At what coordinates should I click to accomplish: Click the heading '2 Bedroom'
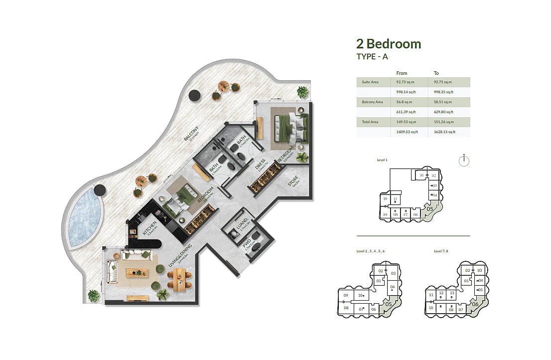pos(389,44)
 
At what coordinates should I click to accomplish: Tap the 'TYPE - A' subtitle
pos(372,57)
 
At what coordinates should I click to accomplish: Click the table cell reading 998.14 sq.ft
pos(406,92)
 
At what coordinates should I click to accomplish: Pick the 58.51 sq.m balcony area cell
pos(443,102)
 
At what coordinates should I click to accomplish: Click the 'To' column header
pos(436,73)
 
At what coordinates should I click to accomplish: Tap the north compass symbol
pos(463,161)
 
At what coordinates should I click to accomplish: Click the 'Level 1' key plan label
pos(382,160)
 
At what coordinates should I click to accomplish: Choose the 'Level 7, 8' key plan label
pos(441,251)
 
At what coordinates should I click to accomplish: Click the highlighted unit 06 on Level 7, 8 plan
pos(475,304)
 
